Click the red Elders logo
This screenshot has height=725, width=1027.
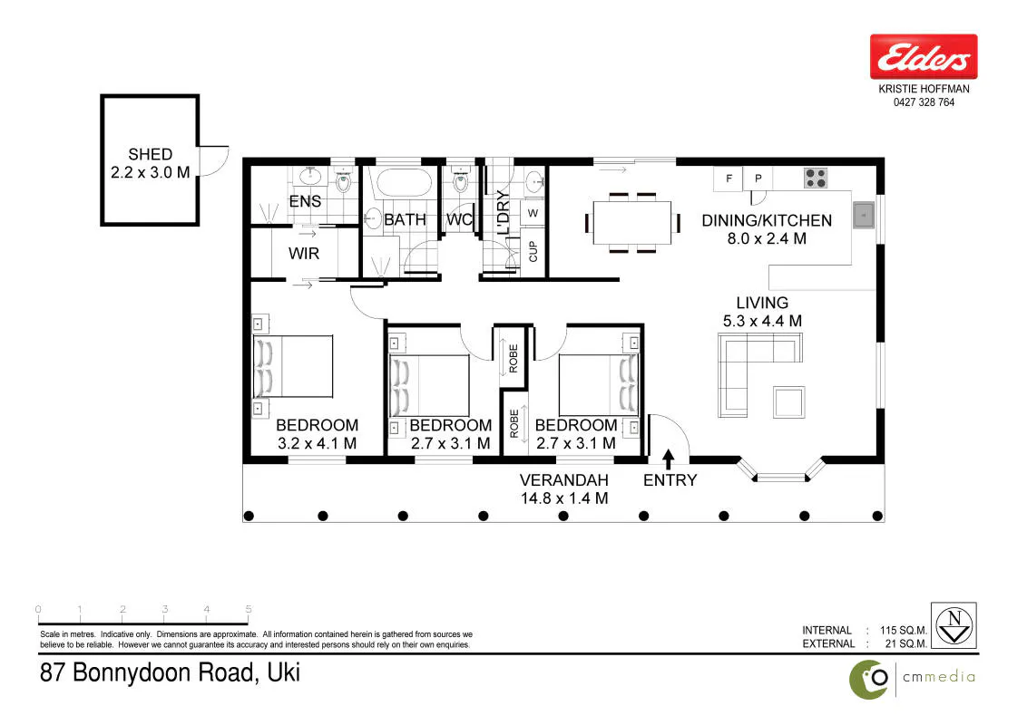click(924, 56)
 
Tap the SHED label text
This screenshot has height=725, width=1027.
click(150, 154)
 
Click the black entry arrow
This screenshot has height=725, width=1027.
click(668, 459)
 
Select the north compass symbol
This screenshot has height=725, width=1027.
click(954, 625)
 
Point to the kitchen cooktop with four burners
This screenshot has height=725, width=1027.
click(817, 178)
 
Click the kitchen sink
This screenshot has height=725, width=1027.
click(864, 215)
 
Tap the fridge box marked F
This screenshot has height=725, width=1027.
click(729, 178)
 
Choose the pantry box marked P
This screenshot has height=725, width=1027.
click(758, 178)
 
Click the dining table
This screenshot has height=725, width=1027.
click(632, 223)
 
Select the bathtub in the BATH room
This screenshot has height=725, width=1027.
click(405, 182)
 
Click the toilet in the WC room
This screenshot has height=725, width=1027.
click(461, 180)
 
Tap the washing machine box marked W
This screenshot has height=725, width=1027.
click(533, 213)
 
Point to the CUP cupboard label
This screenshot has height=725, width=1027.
click(533, 251)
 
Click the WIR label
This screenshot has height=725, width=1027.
click(304, 253)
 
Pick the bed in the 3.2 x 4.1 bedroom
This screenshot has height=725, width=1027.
click(293, 366)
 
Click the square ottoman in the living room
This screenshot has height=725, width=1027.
click(788, 401)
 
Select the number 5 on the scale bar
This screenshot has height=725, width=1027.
click(249, 609)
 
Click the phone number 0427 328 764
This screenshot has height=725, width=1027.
click(924, 102)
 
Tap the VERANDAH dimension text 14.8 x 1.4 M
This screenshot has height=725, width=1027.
click(564, 498)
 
